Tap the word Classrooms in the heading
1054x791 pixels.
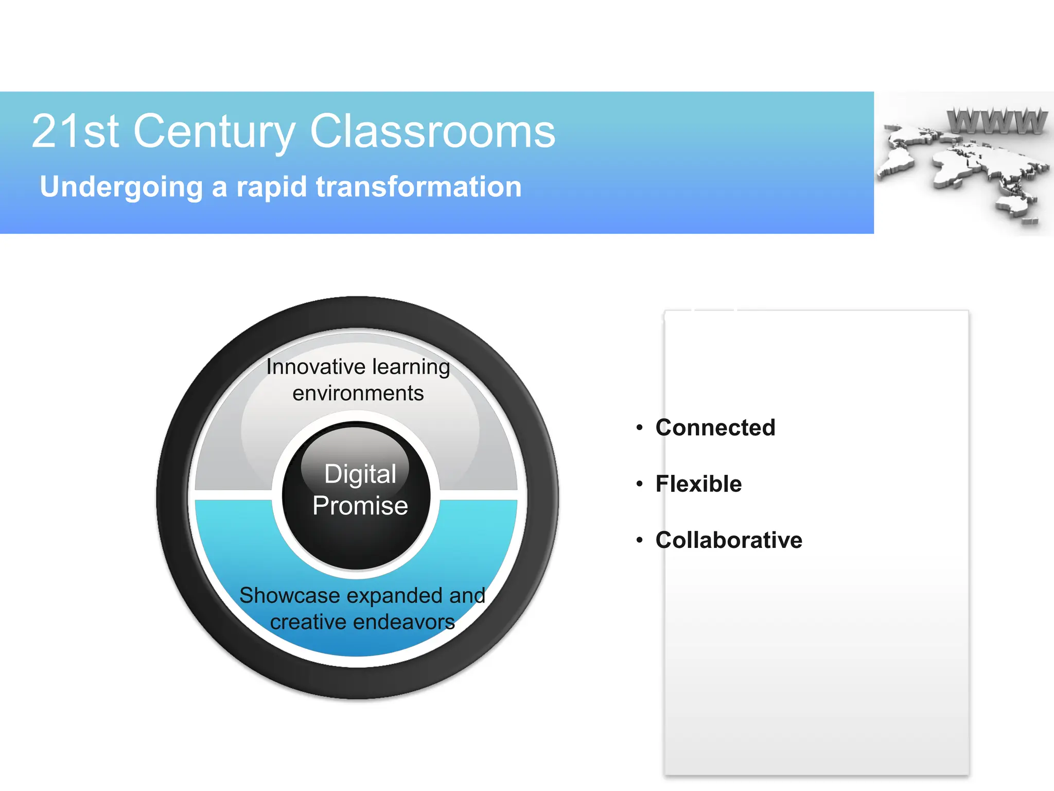tap(432, 132)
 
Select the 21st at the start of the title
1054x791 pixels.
tap(75, 132)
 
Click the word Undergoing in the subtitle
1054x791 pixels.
tap(121, 187)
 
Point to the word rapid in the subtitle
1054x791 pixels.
tap(272, 186)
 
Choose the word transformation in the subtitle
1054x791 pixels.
tap(418, 186)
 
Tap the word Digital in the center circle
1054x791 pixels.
tap(360, 474)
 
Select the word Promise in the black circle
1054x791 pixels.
tap(360, 506)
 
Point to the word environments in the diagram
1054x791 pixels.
tap(358, 393)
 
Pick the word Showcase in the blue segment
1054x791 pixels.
tap(290, 596)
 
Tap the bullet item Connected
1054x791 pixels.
tap(715, 427)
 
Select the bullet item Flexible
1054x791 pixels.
tap(698, 484)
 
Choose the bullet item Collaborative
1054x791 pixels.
tap(729, 540)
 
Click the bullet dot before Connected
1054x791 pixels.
tap(639, 427)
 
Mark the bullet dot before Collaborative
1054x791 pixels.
tap(639, 540)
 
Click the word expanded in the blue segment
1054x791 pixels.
tap(395, 596)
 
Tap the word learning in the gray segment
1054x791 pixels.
tap(411, 367)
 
